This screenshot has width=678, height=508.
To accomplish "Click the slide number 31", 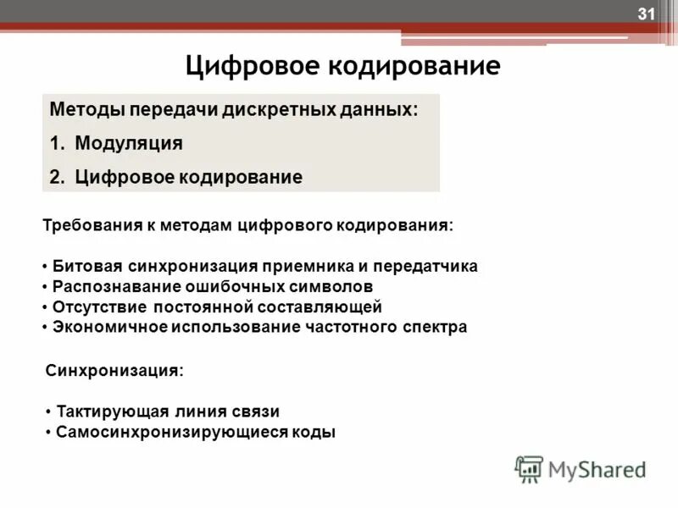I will pyautogui.click(x=647, y=14).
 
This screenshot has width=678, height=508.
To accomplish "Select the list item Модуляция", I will pyautogui.click(x=128, y=143).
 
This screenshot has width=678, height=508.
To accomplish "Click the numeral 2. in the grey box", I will pyautogui.click(x=58, y=177).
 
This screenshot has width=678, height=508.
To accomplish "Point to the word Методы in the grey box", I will pyautogui.click(x=85, y=110).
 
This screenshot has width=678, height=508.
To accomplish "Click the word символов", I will pyautogui.click(x=336, y=286).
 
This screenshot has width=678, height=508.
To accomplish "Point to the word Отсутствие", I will pyautogui.click(x=91, y=306).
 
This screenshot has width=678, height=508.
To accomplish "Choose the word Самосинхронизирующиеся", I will pyautogui.click(x=167, y=432).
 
